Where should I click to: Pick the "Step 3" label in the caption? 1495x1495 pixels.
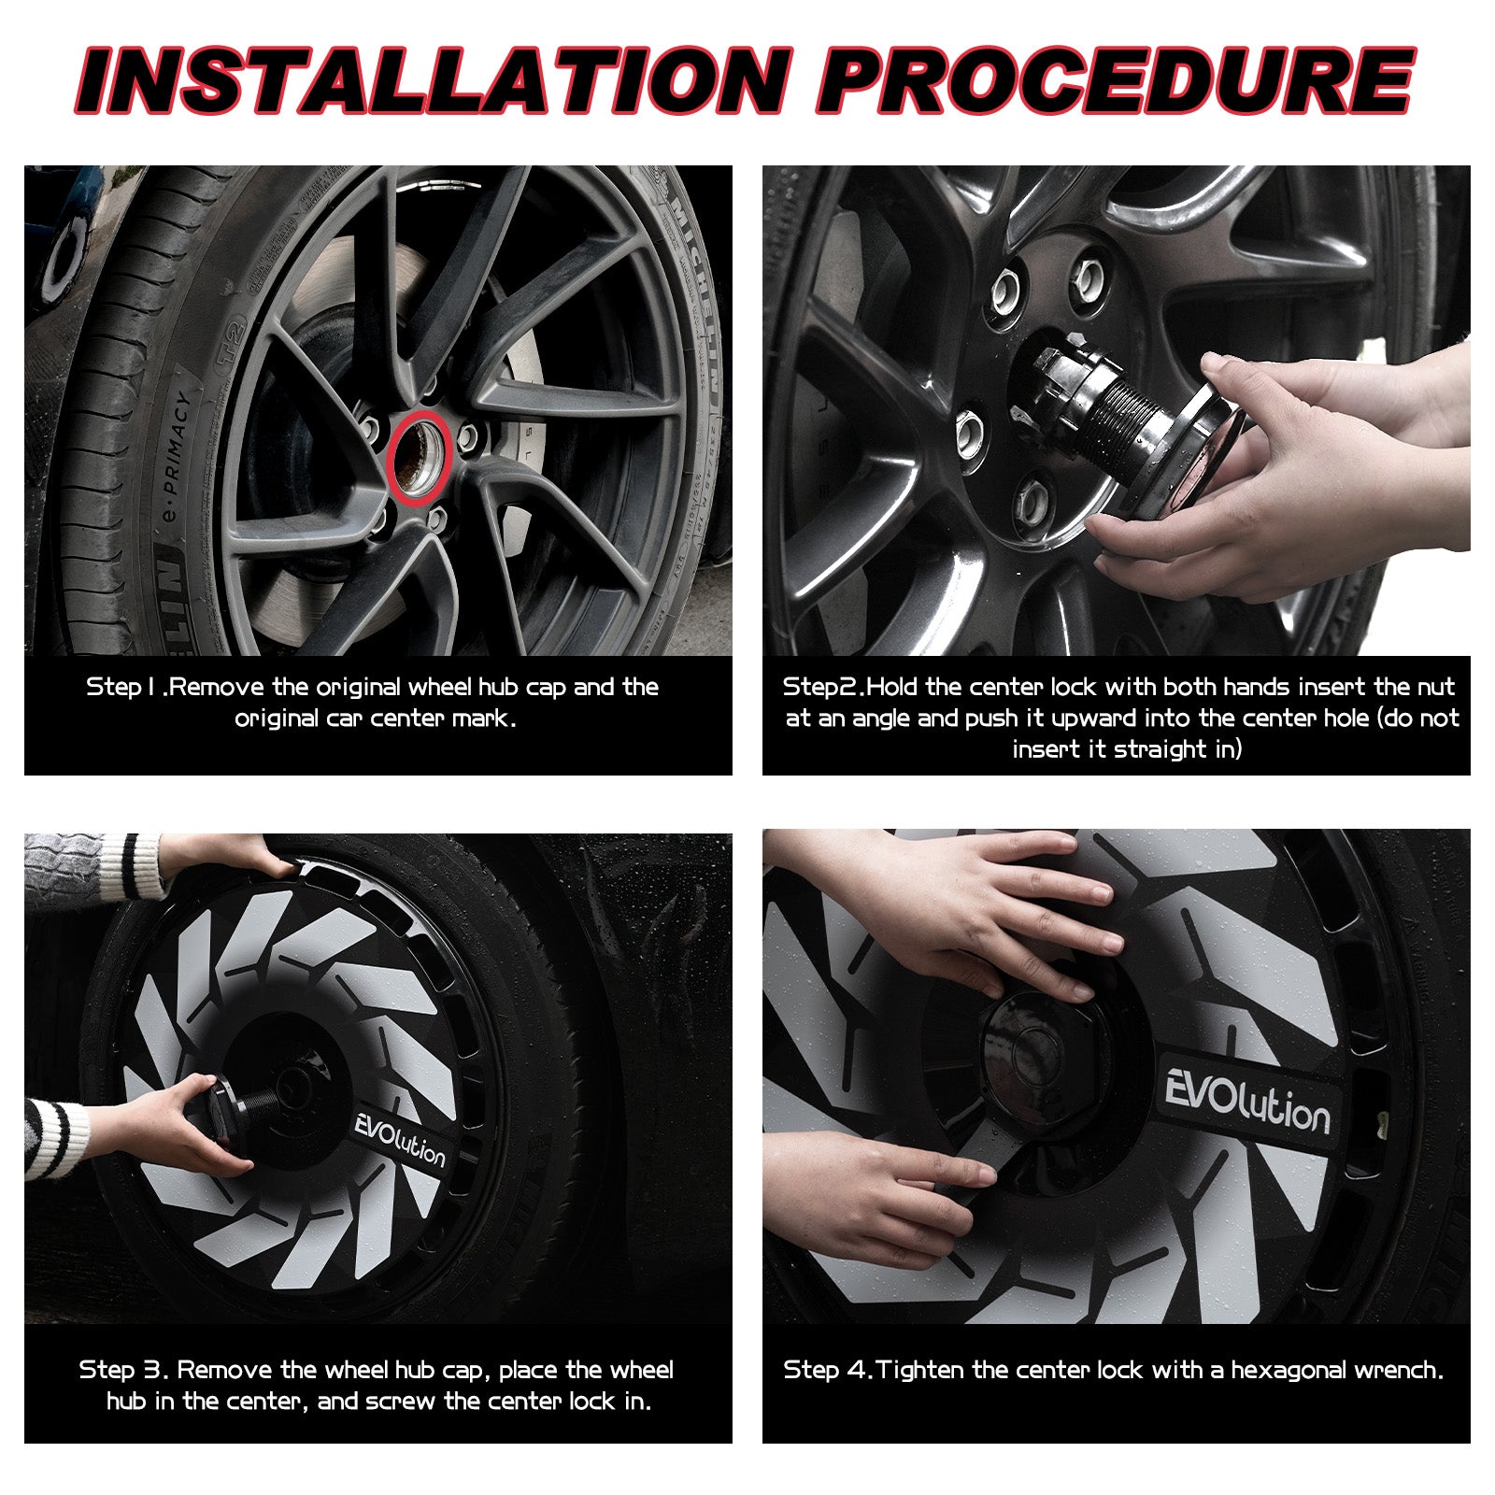(x=123, y=1371)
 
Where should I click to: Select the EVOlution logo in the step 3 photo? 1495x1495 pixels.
(x=401, y=1139)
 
